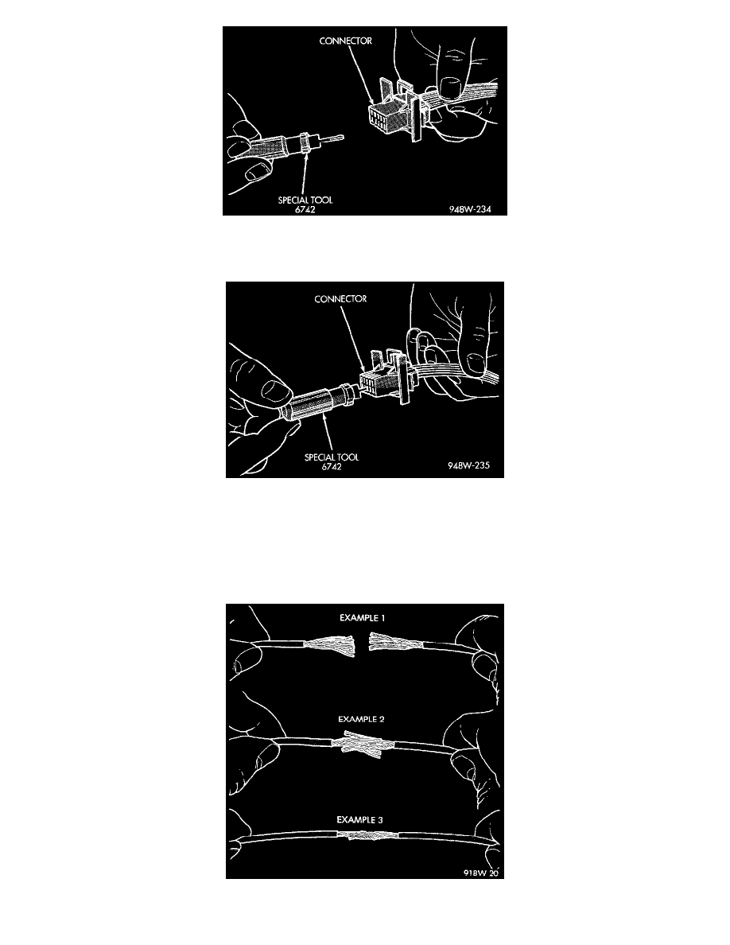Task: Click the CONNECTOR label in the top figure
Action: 345,41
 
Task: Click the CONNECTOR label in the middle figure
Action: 340,299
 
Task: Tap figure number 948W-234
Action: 470,209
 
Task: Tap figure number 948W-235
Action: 468,466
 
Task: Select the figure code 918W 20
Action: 481,873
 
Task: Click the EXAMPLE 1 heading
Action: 362,618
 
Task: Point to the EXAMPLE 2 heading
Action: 361,719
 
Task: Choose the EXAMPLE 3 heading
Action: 359,819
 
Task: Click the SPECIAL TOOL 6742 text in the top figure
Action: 305,204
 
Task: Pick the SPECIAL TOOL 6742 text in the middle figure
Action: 332,461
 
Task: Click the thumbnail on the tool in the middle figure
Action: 277,391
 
